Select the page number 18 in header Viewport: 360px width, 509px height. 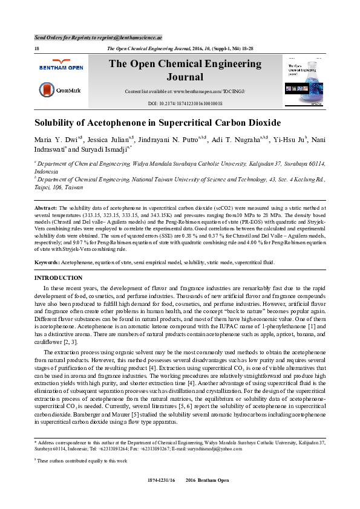coord(38,48)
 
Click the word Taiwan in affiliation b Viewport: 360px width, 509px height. coord(74,188)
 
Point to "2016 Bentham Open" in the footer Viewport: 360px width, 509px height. coord(207,496)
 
